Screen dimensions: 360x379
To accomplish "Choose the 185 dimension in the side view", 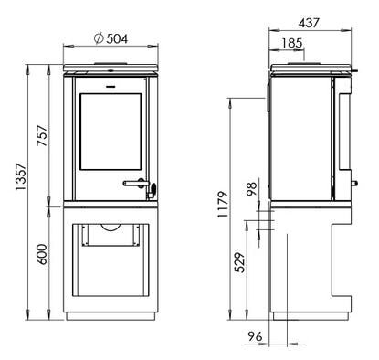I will [x=293, y=42].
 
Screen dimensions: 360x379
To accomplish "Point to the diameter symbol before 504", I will [x=98, y=38].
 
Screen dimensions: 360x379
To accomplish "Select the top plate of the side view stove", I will [x=311, y=68].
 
